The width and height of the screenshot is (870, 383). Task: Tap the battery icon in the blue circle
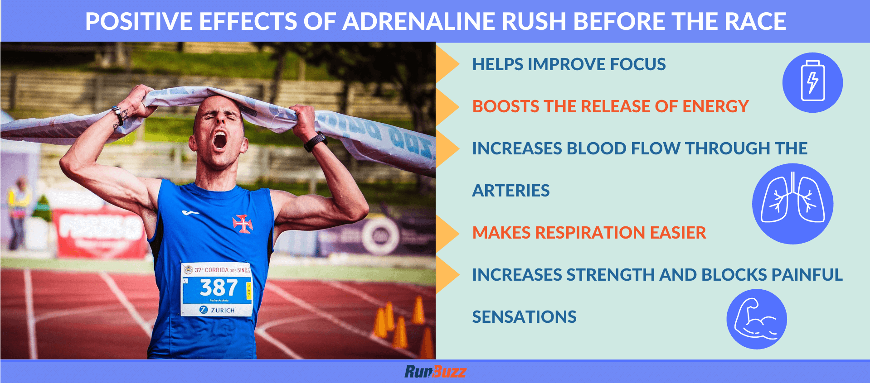pos(812,82)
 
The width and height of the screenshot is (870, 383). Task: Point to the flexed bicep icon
pos(756,319)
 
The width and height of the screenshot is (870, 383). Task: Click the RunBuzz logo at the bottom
pos(435,372)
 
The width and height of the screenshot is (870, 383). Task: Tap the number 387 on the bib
pos(219,287)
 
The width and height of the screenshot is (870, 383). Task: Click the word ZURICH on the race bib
pos(222,310)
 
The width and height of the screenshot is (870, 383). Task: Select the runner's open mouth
pos(220,140)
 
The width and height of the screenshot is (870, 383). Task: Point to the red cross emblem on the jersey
pos(242,223)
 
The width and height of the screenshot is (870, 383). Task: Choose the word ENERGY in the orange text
pos(715,106)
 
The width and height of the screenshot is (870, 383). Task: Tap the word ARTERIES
pos(510,191)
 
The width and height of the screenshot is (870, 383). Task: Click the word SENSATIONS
pos(524,317)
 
